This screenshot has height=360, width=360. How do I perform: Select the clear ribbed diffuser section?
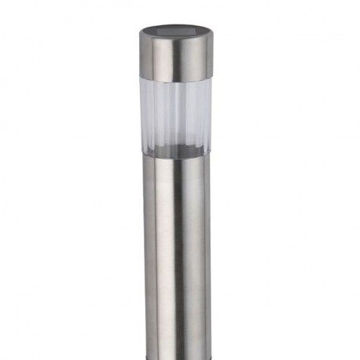tap(176, 114)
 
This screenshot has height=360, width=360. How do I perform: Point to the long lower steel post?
tap(176, 252)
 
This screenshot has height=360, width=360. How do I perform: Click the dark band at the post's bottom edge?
tap(176, 356)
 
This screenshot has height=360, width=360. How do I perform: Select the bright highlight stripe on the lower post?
tap(161, 252)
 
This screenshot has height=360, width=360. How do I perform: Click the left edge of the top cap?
tap(141, 55)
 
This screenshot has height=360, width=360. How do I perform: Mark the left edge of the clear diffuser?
tap(144, 114)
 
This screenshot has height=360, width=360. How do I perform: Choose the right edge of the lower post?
tap(210, 252)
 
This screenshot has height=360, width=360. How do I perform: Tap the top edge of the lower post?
tap(176, 156)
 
